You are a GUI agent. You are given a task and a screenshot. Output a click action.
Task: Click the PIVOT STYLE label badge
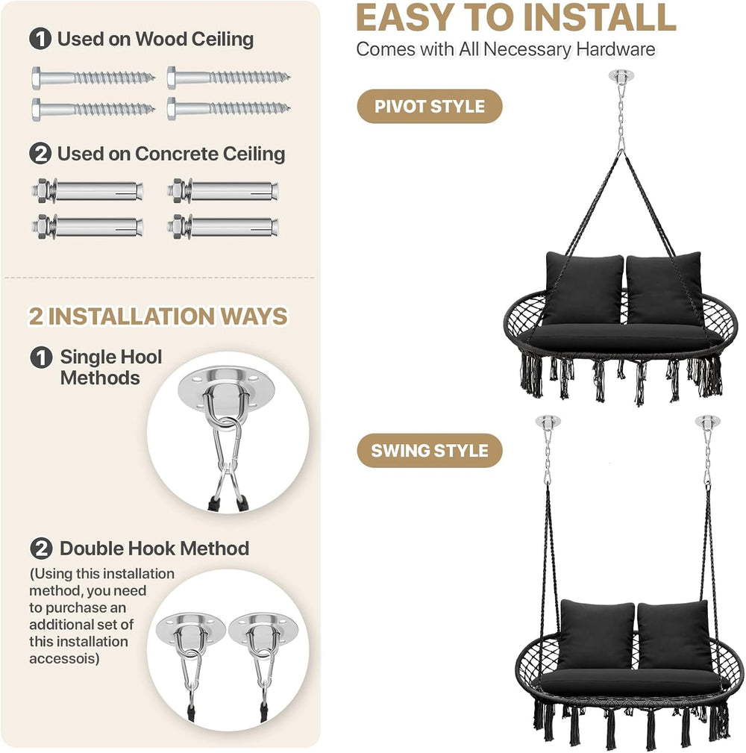click(430, 106)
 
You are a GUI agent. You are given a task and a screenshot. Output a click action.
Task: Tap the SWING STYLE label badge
click(430, 451)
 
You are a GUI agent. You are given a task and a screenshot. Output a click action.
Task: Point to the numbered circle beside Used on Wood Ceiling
click(40, 39)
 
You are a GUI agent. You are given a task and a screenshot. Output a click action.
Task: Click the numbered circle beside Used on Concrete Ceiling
click(40, 154)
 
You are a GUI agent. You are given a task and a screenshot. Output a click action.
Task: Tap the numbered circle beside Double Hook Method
click(41, 549)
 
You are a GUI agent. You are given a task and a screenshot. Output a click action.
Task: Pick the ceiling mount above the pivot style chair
click(621, 76)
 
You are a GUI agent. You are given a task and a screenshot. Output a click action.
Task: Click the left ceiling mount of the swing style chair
click(548, 421)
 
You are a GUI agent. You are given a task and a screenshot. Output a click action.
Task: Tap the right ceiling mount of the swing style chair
click(708, 421)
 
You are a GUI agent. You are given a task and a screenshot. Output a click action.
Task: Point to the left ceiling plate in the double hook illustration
click(190, 628)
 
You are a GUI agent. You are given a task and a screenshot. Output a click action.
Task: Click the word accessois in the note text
click(64, 658)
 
